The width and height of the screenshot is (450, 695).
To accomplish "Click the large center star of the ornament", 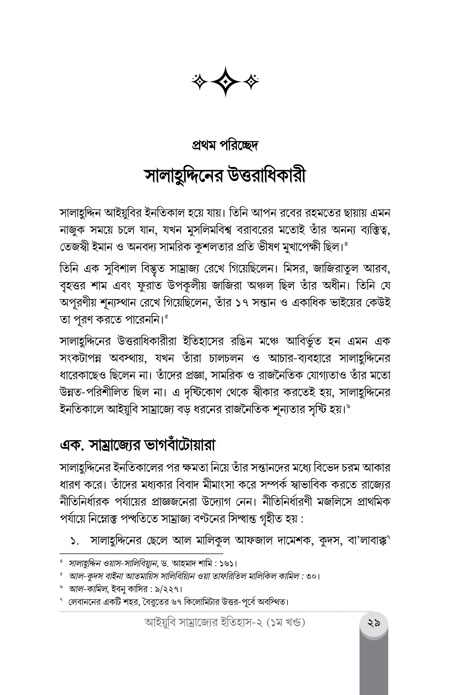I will pos(225,81).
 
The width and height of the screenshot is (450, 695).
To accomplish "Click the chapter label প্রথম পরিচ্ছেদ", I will pos(225,146).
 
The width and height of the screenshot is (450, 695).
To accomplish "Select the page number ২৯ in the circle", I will pos(374,624).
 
